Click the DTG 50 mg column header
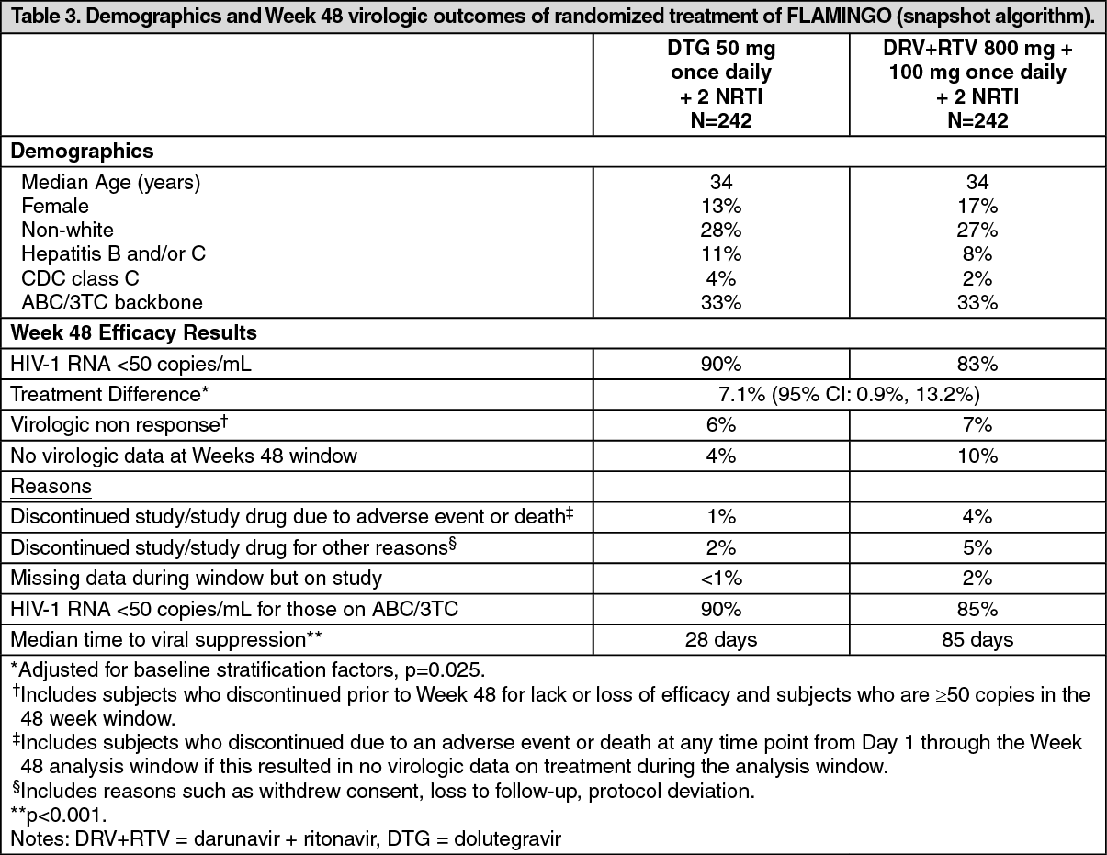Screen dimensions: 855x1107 pos(721,84)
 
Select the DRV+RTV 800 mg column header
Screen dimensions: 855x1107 pos(977,84)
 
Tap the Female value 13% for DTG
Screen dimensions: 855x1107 pos(721,206)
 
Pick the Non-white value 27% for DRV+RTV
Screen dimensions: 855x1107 pos(977,230)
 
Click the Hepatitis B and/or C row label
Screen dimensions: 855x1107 pos(113,253)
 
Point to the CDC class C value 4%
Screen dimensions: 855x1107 pos(721,277)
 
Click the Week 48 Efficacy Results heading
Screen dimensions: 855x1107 pos(134,332)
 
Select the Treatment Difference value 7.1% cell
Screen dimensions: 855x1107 pos(849,394)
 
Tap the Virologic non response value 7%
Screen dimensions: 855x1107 pos(977,425)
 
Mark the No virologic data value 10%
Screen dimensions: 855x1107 pos(977,456)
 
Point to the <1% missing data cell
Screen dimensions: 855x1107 pos(721,579)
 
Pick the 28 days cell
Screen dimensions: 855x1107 pos(721,639)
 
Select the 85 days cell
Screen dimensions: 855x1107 pos(977,639)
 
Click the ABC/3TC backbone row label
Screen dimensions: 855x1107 pos(111,301)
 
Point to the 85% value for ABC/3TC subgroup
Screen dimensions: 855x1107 pos(977,609)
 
